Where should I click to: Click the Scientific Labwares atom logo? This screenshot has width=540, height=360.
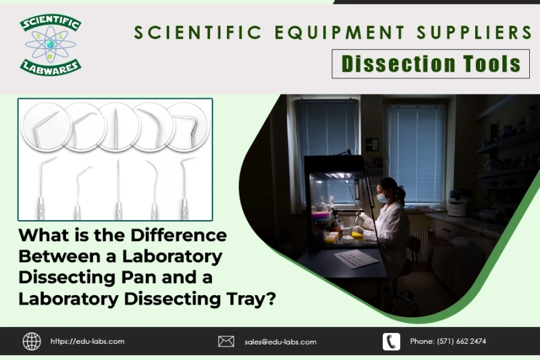tap(51, 45)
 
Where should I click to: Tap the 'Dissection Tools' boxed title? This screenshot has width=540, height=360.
tap(431, 64)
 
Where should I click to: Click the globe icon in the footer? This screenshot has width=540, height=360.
tap(32, 341)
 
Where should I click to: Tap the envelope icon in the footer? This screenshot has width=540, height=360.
tap(226, 341)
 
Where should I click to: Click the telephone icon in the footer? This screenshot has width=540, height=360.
tap(391, 341)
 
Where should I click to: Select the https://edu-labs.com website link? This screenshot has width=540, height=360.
tap(87, 342)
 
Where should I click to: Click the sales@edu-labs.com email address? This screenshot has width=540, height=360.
tap(280, 342)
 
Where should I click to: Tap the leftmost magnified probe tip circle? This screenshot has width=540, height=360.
tap(45, 126)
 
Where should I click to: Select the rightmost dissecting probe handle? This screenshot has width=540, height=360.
tap(184, 206)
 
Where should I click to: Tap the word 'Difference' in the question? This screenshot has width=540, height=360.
tap(177, 236)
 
